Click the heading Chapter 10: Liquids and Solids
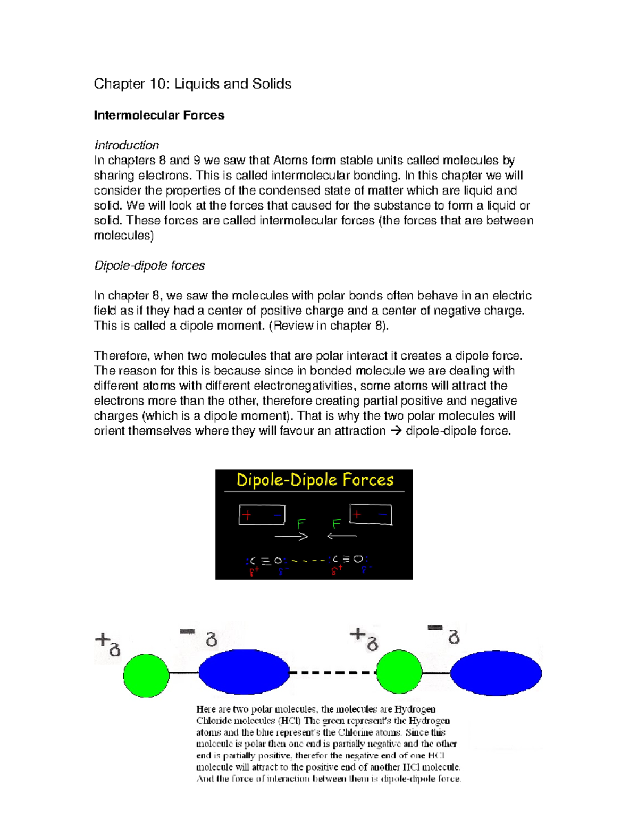click(192, 84)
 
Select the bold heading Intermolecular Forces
click(159, 115)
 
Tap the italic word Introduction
click(127, 145)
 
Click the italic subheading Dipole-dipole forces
click(149, 265)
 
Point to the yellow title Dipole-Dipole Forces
click(315, 480)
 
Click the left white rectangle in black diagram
click(262, 515)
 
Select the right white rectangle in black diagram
click(371, 514)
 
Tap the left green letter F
click(301, 524)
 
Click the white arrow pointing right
click(291, 537)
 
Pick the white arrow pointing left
click(341, 536)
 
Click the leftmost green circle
click(146, 675)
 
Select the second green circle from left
click(399, 673)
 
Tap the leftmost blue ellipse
click(244, 672)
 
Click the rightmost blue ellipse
click(496, 673)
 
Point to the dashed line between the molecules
click(332, 673)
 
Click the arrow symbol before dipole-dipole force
click(396, 431)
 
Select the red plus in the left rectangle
click(247, 515)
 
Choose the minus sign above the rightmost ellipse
click(435, 628)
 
